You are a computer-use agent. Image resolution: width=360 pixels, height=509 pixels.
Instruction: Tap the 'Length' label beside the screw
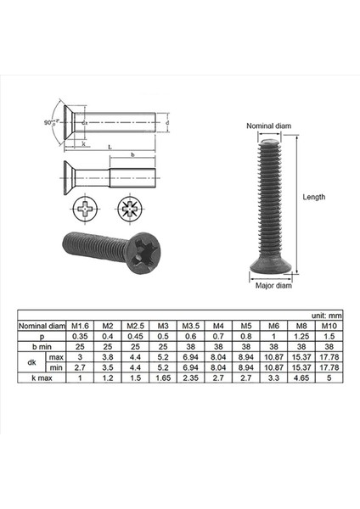tap(314, 197)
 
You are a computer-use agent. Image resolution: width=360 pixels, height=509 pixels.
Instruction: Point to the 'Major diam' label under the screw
tap(273, 286)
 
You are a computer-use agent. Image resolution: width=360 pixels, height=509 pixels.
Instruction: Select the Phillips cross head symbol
tap(87, 207)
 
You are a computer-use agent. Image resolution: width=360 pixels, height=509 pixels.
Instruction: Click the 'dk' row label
tap(32, 362)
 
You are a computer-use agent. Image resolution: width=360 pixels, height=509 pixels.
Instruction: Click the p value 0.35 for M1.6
tap(81, 335)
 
